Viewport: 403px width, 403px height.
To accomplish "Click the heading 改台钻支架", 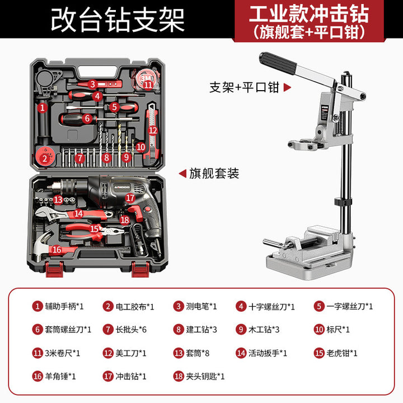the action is click(x=118, y=20).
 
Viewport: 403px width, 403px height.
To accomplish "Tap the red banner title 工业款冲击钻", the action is click(x=309, y=14).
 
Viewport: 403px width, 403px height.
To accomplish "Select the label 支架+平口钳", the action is click(x=244, y=87).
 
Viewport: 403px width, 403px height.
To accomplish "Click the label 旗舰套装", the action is click(x=214, y=174).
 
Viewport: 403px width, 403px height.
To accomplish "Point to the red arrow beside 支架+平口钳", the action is click(x=287, y=87).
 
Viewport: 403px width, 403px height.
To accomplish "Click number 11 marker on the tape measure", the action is click(x=148, y=85).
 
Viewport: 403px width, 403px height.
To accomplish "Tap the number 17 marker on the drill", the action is click(x=130, y=198).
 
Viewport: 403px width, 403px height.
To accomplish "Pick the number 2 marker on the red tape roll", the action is click(x=44, y=158).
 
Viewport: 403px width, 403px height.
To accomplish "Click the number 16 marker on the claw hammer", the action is click(x=57, y=249).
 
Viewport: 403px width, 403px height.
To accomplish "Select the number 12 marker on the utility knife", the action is click(x=153, y=130).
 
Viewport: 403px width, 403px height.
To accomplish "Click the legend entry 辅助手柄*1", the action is click(x=58, y=306).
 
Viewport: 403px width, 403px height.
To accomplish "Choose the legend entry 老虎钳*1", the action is click(x=335, y=353).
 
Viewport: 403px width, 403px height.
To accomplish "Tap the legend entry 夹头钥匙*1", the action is click(x=199, y=376).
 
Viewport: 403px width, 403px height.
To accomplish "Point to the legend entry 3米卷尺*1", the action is click(x=56, y=353).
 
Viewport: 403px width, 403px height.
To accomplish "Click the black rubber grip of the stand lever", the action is click(x=278, y=63).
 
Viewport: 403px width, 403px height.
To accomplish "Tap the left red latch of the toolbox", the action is click(x=54, y=269).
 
